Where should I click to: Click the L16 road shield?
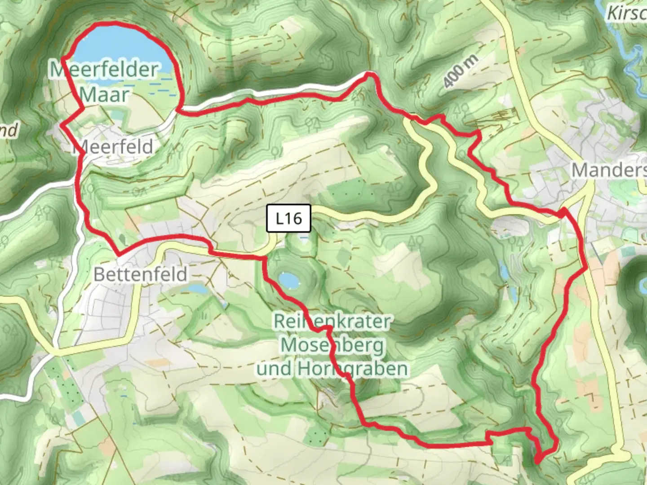289,219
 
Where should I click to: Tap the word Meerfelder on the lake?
104,70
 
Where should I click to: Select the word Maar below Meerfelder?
105,95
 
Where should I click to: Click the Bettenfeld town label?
140,274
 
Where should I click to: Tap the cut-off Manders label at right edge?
608,170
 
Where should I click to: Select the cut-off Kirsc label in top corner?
626,13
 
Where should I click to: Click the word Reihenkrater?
332,321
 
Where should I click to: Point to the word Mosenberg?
333,345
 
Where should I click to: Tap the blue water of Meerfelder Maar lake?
121,49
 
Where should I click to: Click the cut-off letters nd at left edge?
8,131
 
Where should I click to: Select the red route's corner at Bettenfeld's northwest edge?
119,254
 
